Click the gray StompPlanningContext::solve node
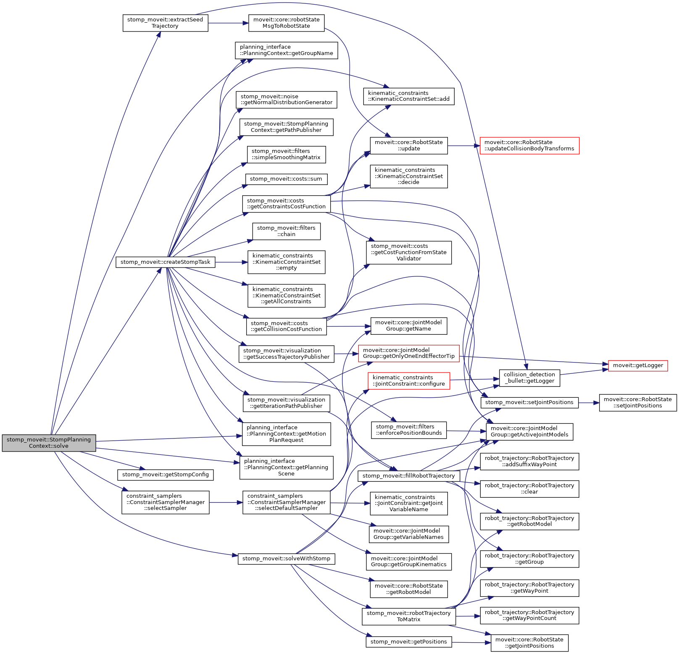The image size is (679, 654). pos(49,443)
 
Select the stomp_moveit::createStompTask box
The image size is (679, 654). pos(165,262)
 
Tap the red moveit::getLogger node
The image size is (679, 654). pos(637,365)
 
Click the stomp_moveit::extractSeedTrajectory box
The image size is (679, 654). pos(165,23)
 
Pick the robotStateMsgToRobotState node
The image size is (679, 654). pos(286,23)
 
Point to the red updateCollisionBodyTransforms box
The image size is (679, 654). pos(529,145)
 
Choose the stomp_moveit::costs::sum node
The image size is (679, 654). pos(286,179)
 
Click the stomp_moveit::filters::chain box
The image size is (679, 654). pos(286,231)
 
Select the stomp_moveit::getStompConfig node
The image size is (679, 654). pos(165,475)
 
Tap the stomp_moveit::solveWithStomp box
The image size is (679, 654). pos(286,559)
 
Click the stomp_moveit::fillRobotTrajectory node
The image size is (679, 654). pos(408,476)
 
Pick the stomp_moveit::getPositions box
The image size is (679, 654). pos(408,642)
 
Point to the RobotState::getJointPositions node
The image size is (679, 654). pos(529,643)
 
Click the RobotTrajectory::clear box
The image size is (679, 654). pos(529,489)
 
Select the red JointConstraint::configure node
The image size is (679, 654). pos(408,381)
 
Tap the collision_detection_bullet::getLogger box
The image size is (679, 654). pos(529,378)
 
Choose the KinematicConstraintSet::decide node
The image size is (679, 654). pos(408,176)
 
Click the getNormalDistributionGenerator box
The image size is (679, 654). pos(286,100)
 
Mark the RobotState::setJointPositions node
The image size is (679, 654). pos(637,402)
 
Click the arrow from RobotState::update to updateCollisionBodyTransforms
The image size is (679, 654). pos(463,146)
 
